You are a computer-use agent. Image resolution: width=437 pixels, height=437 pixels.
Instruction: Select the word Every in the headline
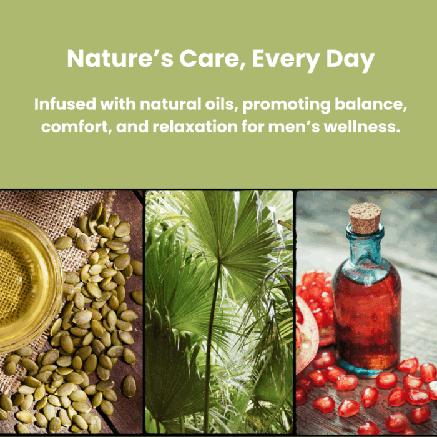286,61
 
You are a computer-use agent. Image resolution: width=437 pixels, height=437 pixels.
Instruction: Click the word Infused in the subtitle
66,104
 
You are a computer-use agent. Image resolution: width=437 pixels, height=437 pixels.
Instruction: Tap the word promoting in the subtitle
287,106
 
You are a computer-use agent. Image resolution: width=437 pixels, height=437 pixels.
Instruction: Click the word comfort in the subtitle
76,127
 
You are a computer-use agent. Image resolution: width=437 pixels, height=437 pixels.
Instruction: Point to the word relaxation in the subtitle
195,127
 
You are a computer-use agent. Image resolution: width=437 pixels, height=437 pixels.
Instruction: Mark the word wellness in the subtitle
362,127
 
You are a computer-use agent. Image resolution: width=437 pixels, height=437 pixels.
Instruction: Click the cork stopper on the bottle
365,218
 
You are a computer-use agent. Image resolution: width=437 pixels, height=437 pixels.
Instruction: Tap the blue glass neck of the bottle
365,245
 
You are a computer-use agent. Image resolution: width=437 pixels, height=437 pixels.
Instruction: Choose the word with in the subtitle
118,104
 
